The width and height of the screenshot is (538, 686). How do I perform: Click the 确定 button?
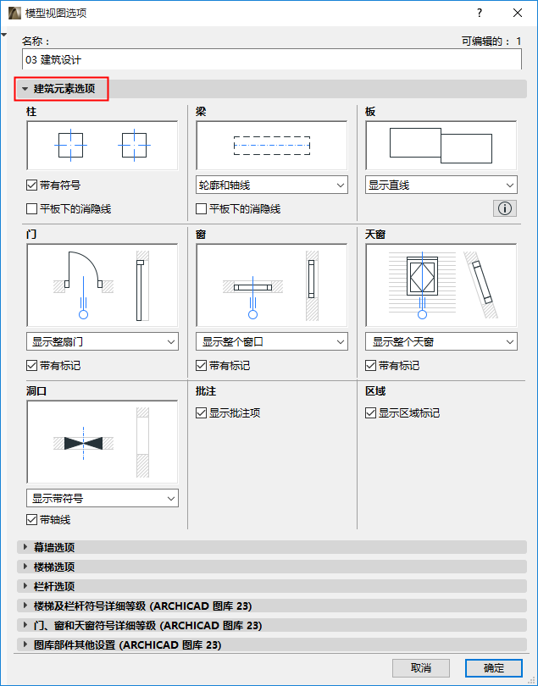[493, 668]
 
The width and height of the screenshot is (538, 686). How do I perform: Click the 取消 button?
[420, 668]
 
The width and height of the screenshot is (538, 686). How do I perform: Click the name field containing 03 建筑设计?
[271, 59]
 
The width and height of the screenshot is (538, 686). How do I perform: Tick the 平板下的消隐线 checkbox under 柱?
[32, 208]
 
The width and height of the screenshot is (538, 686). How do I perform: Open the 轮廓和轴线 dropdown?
[272, 185]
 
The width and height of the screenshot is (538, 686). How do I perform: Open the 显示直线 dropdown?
[441, 185]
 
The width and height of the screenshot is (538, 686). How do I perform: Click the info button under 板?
[506, 208]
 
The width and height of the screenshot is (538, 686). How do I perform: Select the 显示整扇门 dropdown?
[103, 342]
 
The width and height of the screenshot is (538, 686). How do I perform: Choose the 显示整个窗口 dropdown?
[272, 342]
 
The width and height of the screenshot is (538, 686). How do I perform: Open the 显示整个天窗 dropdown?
[441, 342]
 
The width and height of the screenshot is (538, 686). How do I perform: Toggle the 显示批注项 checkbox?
[202, 413]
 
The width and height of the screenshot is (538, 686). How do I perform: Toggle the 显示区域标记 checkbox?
[371, 413]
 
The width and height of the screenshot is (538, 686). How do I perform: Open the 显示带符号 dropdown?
[103, 499]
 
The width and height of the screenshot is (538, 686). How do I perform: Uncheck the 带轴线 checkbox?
[32, 520]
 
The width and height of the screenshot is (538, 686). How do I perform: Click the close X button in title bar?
[518, 13]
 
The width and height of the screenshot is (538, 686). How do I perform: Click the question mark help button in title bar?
[480, 13]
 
